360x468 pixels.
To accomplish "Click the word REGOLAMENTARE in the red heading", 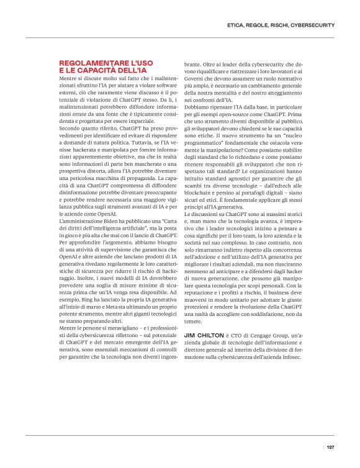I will [x=88, y=63].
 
